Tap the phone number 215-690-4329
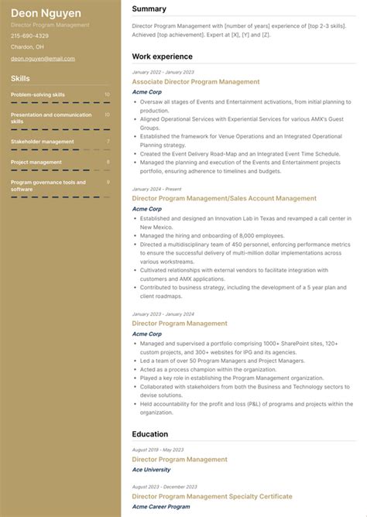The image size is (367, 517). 29,36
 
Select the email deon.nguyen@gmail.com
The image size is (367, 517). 43,58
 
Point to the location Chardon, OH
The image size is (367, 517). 27,47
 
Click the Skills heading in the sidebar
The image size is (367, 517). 21,78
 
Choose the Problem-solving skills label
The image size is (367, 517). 38,94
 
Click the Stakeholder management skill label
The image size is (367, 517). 43,142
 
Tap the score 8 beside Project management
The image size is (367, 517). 108,162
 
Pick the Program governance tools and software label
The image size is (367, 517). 48,185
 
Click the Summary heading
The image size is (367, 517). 149,9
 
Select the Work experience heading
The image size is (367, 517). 162,56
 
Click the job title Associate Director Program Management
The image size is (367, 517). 196,81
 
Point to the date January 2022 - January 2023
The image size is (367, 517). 163,72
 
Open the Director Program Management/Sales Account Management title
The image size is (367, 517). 224,198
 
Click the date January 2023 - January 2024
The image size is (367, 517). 163,314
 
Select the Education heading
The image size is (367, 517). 150,434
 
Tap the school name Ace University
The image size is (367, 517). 152,470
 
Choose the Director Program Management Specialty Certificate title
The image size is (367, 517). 212,496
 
